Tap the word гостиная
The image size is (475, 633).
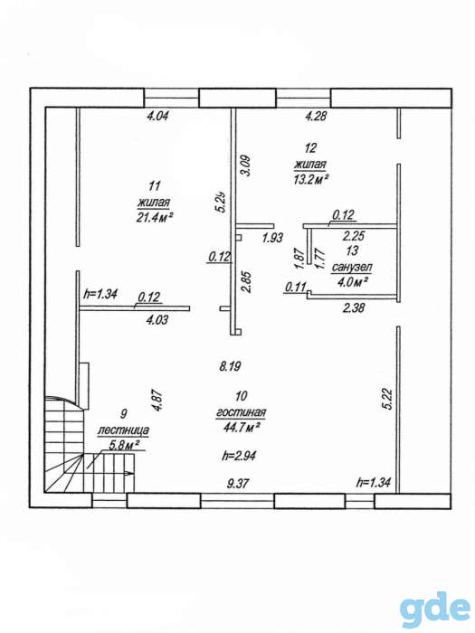(x=242, y=412)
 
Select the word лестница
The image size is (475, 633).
(x=123, y=430)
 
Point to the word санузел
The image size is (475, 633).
(x=352, y=267)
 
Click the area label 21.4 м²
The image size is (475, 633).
(x=156, y=218)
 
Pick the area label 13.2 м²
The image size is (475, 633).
(x=310, y=179)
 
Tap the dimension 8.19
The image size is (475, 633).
(x=230, y=366)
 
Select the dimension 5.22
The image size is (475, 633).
(x=388, y=400)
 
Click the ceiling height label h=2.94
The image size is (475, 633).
(x=239, y=456)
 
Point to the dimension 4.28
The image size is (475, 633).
(x=316, y=117)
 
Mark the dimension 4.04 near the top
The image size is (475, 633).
(x=157, y=117)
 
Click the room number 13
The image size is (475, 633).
(x=352, y=250)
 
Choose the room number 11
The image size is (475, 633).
(x=155, y=186)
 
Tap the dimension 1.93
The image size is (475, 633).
(x=272, y=238)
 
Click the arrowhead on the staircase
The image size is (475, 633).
(x=129, y=473)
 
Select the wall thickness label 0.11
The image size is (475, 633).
(x=294, y=287)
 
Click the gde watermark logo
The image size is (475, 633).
(x=435, y=609)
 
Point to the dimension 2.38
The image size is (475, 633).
(x=354, y=308)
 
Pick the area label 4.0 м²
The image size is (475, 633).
(x=351, y=282)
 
